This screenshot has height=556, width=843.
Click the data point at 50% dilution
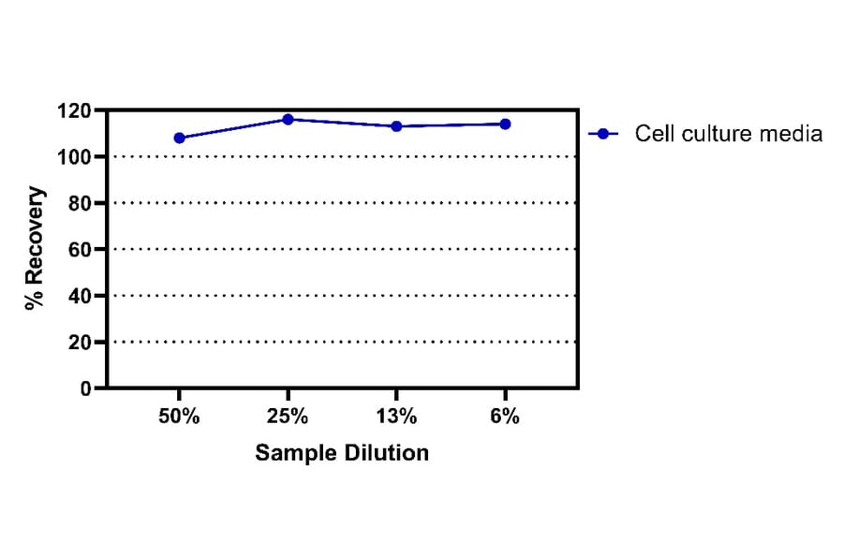click(x=179, y=138)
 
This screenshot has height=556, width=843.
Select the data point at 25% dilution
click(x=288, y=120)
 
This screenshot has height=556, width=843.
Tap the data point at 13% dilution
click(x=396, y=126)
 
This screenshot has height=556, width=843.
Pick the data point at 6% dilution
click(x=505, y=124)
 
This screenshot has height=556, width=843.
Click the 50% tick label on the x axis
click(x=179, y=417)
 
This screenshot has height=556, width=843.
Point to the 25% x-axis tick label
click(x=288, y=417)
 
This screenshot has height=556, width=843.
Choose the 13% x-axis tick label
click(x=396, y=417)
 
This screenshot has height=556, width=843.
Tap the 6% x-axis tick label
click(x=505, y=417)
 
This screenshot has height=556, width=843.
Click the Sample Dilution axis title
click(x=342, y=453)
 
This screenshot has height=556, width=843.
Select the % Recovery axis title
click(x=35, y=248)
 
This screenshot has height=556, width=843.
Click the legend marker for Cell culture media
click(x=604, y=134)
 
